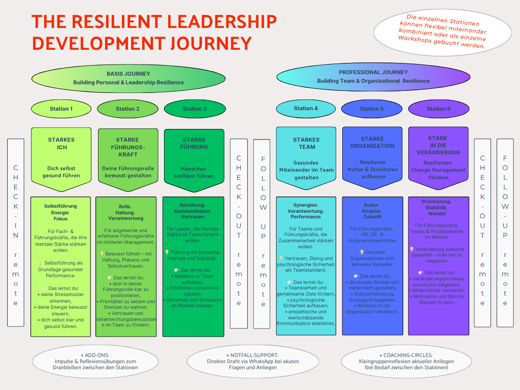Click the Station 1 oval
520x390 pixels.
(61, 109)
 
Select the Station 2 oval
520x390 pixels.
(127, 109)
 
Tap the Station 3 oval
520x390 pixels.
(194, 109)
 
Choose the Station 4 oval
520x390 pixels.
(306, 108)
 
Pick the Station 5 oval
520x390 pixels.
(372, 109)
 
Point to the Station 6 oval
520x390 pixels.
(438, 109)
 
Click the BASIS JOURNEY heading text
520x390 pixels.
(128, 74)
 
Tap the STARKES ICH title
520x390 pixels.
(61, 143)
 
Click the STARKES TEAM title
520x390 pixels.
(306, 143)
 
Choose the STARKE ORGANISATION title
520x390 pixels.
(372, 142)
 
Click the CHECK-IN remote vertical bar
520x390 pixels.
(16, 233)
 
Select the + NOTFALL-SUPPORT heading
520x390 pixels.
(252, 355)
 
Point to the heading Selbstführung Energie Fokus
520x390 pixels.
(61, 212)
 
